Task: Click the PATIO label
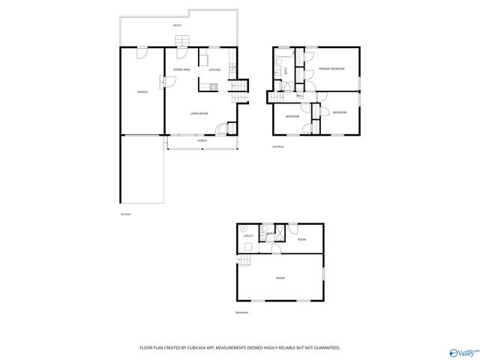pyautogui.click(x=177, y=25)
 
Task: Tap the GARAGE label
pyautogui.click(x=142, y=91)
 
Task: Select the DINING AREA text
pyautogui.click(x=181, y=69)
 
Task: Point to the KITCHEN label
pyautogui.click(x=214, y=69)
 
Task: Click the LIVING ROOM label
pyautogui.click(x=199, y=113)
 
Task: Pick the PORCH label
pyautogui.click(x=202, y=141)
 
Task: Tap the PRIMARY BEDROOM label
pyautogui.click(x=331, y=69)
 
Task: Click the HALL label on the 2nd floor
pyautogui.click(x=300, y=96)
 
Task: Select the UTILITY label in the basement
pyautogui.click(x=248, y=236)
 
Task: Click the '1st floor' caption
pyautogui.click(x=125, y=214)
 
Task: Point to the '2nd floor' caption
pyautogui.click(x=277, y=146)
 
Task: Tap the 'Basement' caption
pyautogui.click(x=241, y=312)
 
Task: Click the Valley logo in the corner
pyautogui.click(x=462, y=351)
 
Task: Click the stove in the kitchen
pyautogui.click(x=214, y=87)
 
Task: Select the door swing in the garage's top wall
pyautogui.click(x=142, y=52)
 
